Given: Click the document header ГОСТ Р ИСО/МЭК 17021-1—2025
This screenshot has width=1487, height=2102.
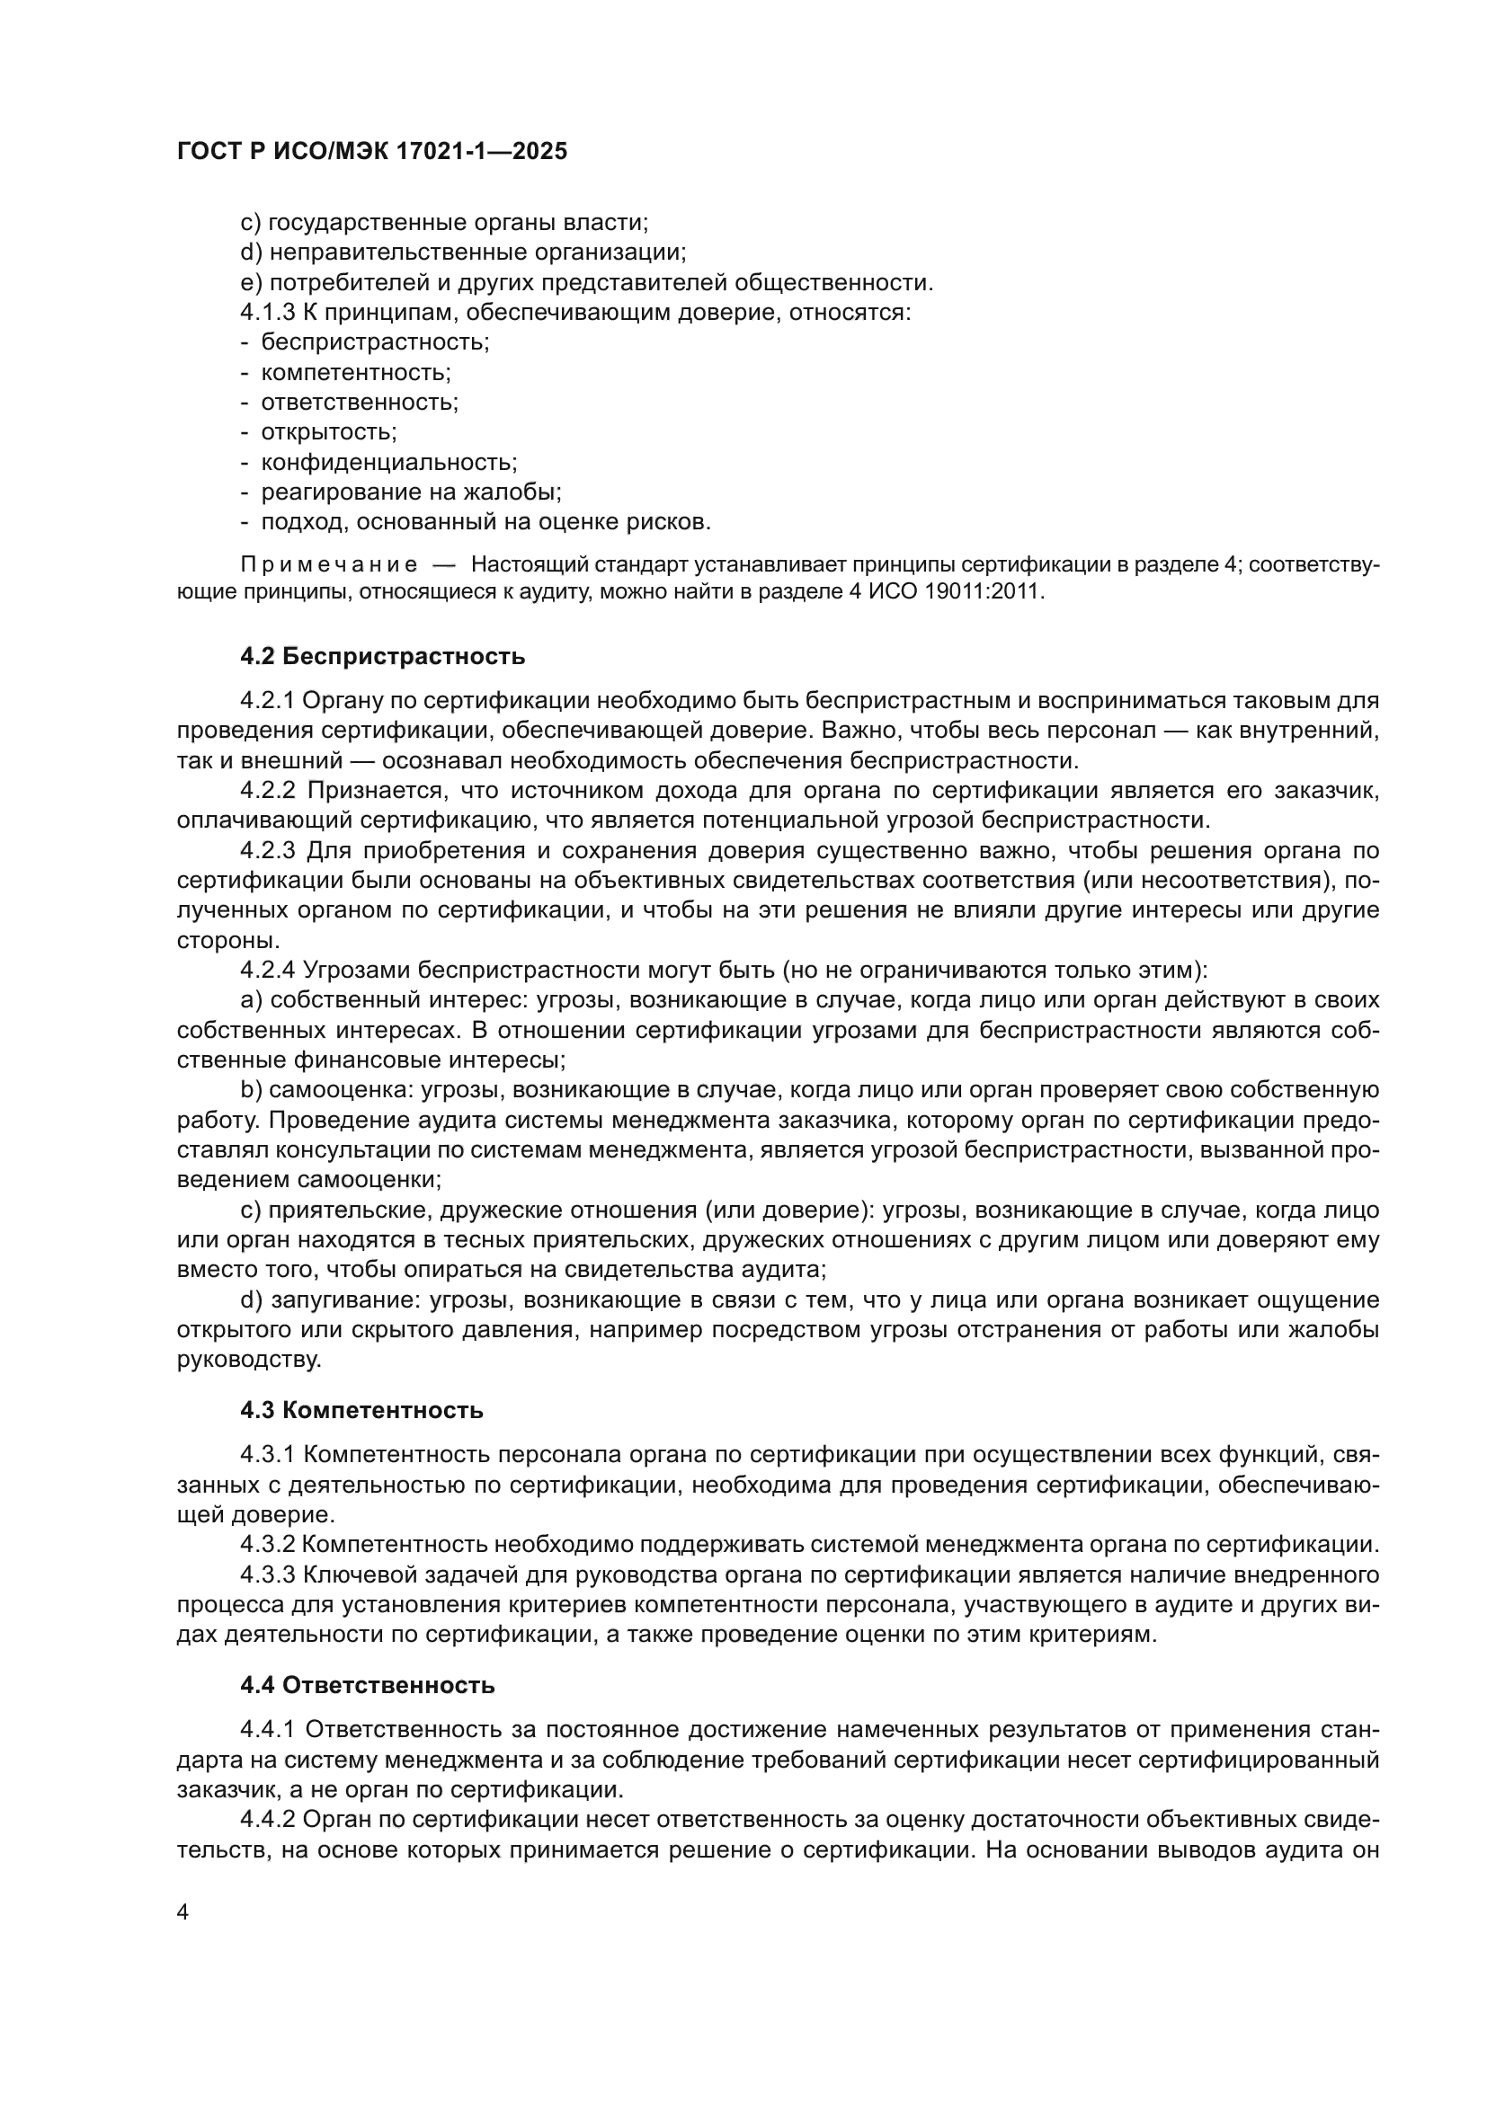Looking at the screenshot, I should (372, 151).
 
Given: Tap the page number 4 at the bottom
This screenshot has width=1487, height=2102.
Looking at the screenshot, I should (183, 1911).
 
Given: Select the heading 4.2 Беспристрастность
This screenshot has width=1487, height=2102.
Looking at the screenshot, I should (383, 656).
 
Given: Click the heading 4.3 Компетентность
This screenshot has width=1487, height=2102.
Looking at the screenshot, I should (361, 1411).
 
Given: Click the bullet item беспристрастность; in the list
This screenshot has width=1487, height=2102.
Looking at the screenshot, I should (375, 342).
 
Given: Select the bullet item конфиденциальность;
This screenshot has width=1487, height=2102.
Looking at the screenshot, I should (389, 462).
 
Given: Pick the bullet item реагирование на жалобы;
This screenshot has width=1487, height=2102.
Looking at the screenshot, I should (411, 492).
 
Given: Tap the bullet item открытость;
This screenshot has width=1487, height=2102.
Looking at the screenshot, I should (329, 432).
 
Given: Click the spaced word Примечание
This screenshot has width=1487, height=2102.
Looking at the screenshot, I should (329, 565).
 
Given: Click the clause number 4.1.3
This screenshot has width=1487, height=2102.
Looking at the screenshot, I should (268, 313).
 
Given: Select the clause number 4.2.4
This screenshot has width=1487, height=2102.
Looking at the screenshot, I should (268, 971).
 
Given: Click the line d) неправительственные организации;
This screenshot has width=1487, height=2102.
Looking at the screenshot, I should (463, 253).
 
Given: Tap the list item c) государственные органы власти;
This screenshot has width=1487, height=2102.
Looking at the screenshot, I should (444, 223).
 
